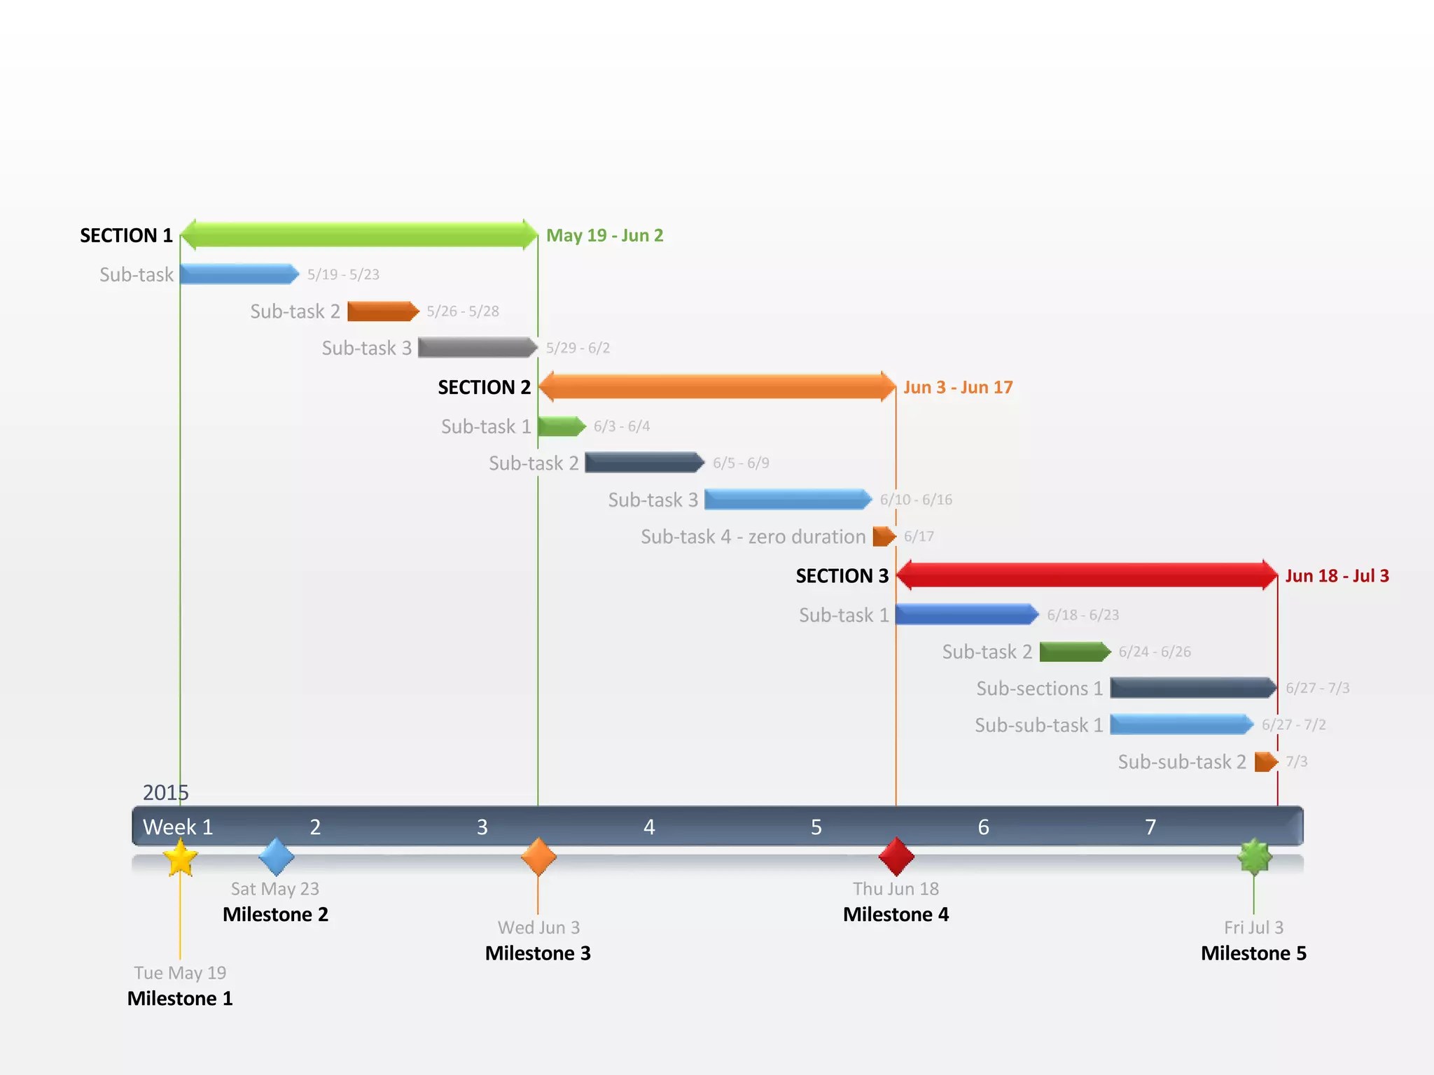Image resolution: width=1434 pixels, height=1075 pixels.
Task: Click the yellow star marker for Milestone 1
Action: point(180,857)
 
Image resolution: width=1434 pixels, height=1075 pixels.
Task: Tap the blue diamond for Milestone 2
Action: point(276,856)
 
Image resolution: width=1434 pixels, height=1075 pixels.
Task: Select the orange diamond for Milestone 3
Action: point(538,856)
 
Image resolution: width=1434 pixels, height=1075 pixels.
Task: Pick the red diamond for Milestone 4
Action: point(896,856)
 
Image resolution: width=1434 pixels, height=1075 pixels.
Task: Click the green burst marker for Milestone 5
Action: point(1254,856)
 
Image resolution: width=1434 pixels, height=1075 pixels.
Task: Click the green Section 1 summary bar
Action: point(358,234)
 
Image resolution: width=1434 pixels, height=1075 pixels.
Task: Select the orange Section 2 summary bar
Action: point(716,386)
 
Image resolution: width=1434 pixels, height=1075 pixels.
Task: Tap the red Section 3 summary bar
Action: point(1087,575)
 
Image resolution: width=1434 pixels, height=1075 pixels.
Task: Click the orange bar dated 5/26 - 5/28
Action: point(382,311)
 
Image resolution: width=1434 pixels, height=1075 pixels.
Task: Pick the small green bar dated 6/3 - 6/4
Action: point(561,426)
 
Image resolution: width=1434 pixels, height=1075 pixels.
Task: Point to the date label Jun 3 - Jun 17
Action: point(958,387)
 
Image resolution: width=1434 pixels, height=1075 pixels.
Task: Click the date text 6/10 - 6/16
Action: point(916,500)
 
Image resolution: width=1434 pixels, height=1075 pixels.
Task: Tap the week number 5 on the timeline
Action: point(816,827)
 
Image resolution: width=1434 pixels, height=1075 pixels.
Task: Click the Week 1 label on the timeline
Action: point(178,827)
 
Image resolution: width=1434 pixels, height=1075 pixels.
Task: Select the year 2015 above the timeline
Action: point(166,792)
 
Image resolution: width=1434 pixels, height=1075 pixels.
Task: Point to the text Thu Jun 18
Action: point(896,889)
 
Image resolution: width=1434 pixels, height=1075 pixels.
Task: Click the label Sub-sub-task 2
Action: point(1182,761)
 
